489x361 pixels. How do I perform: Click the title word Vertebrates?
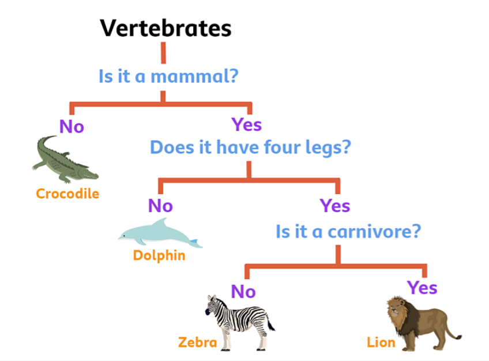(x=165, y=28)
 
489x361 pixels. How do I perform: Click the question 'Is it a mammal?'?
(x=168, y=76)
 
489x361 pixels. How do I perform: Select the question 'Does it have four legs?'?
(x=250, y=147)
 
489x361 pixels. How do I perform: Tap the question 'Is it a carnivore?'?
(x=348, y=231)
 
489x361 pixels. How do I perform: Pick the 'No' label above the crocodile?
(x=72, y=127)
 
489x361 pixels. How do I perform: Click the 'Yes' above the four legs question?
(x=246, y=124)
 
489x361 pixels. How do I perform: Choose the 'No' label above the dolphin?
(x=160, y=206)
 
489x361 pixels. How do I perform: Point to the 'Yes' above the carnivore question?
(x=335, y=206)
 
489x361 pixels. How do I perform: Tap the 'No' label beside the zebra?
(x=243, y=291)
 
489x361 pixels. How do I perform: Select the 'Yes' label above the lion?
(x=422, y=287)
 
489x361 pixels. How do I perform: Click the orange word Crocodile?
(x=67, y=193)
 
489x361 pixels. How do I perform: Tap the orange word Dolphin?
(x=159, y=256)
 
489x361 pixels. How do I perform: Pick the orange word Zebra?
(x=197, y=343)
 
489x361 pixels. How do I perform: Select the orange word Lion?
(x=381, y=343)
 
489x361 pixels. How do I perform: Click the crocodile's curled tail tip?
(x=55, y=136)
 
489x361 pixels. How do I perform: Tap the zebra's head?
(x=212, y=305)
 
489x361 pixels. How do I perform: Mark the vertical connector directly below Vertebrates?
(x=163, y=53)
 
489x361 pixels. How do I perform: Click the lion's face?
(x=394, y=309)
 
